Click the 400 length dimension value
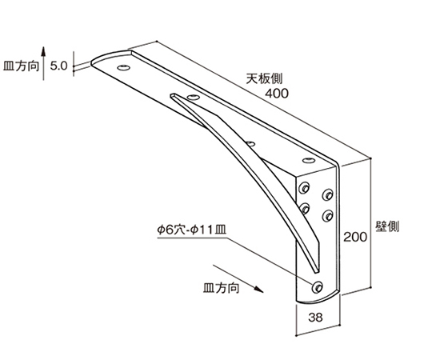point(277,94)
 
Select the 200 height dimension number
point(355,237)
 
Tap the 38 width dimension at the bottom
point(315,318)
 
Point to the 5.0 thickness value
point(58,66)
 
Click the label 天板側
point(264,78)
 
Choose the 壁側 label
point(387,226)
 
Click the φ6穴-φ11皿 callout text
point(192,230)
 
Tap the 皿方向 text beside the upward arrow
point(21,66)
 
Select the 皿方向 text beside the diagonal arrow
point(222,288)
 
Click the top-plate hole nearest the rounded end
point(124,67)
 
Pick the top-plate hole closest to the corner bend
point(309,160)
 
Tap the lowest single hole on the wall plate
point(317,287)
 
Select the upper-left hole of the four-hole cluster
point(304,187)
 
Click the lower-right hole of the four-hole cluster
point(327,215)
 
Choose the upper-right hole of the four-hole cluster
point(327,194)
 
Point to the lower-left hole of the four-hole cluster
point(304,209)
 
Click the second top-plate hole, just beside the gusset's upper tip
point(193,97)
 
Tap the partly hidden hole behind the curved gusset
point(250,143)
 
